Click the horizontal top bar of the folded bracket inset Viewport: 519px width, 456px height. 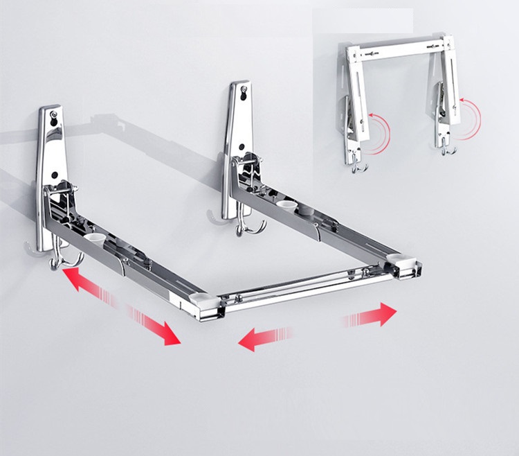[401, 49]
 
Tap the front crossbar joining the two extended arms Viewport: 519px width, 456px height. [308, 288]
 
